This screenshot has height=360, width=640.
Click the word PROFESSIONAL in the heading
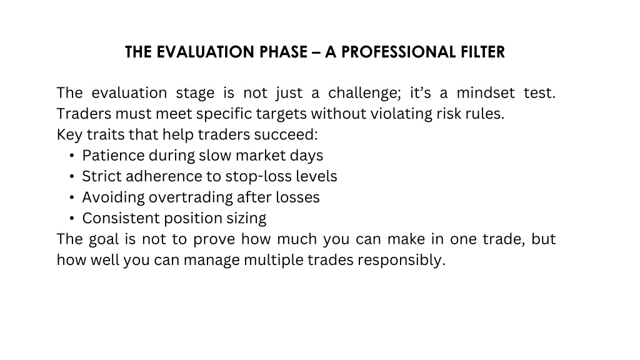[398, 52]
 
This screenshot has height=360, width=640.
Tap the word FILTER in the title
[483, 52]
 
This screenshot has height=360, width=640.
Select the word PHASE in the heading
[283, 52]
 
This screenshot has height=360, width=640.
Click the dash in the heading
[316, 52]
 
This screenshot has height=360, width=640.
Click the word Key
[69, 135]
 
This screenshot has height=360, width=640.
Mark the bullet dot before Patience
[72, 156]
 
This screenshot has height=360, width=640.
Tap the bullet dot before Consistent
[72, 218]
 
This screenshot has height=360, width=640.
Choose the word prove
[214, 239]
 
